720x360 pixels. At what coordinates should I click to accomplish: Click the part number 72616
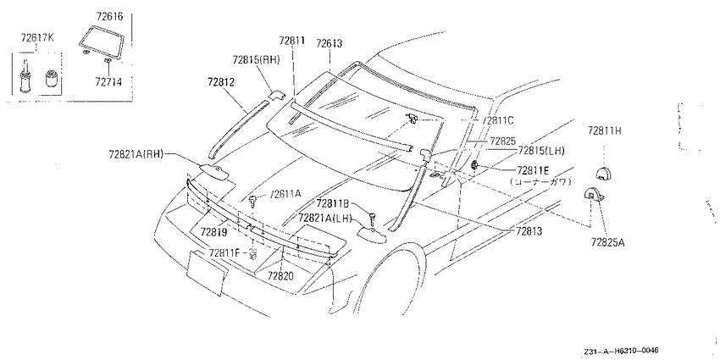pos(109,17)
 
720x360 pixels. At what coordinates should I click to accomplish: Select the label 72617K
pos(36,37)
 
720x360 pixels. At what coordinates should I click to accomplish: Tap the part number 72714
pos(108,82)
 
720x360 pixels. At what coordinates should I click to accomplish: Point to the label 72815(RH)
pos(256,59)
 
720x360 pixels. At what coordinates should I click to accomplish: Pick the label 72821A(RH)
pos(136,154)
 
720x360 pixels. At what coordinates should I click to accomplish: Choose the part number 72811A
pos(285,194)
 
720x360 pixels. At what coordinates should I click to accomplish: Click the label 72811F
pos(224,252)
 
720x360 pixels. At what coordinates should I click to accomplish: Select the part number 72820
pos(280,275)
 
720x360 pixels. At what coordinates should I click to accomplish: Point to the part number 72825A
pos(607,242)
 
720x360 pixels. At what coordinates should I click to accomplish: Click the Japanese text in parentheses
pos(540,182)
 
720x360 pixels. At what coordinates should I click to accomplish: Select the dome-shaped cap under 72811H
pos(604,173)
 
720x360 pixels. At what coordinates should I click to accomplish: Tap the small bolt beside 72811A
pos(252,200)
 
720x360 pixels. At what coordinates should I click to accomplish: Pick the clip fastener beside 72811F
pos(252,254)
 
